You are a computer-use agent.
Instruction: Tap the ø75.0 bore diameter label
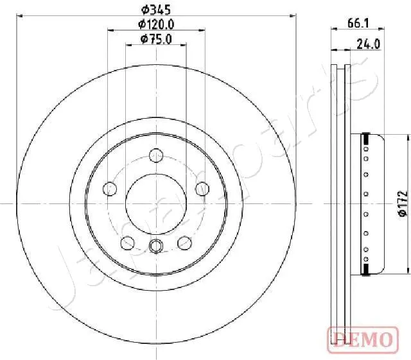point(156,40)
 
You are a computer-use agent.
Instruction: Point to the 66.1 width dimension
point(357,22)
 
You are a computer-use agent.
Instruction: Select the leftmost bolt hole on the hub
point(110,189)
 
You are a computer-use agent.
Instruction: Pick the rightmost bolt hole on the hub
point(202,189)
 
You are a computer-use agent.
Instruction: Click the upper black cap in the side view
point(366,137)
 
